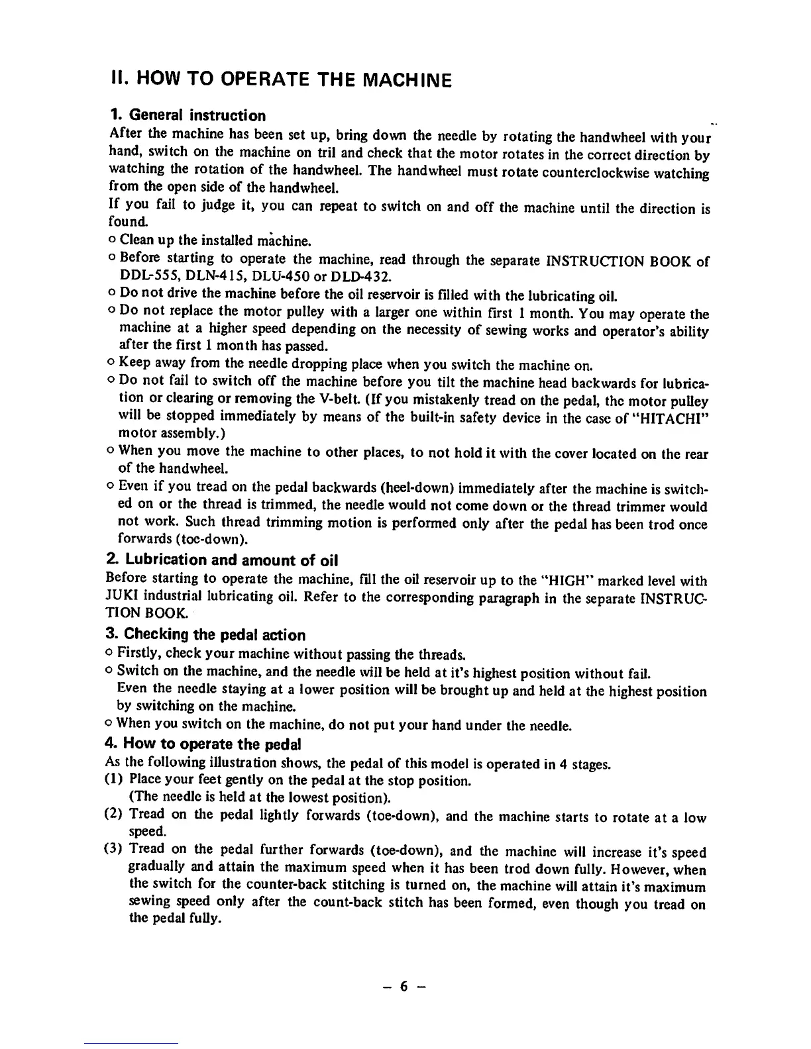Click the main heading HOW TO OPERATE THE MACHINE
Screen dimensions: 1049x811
(x=281, y=81)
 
